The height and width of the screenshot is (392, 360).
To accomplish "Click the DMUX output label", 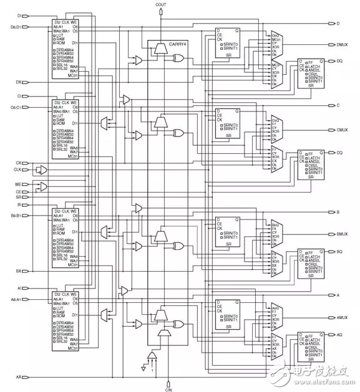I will pos(342,44).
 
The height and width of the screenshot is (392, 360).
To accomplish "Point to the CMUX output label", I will pos(342,130).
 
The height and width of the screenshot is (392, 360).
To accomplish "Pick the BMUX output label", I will pos(342,234).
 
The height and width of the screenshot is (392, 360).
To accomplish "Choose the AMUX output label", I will pos(342,317).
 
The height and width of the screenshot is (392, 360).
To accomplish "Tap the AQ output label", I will pos(340,334).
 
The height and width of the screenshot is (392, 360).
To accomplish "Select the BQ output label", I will pos(340,251).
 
